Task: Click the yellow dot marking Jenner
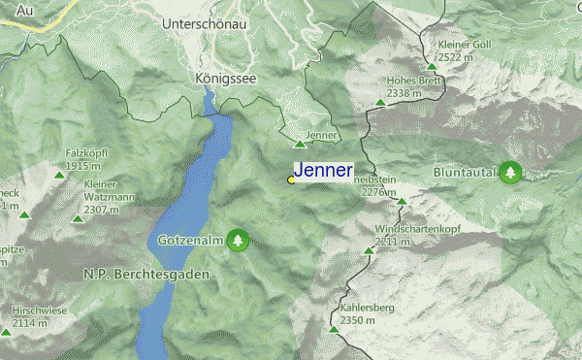coord(291,180)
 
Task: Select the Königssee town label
coord(225,79)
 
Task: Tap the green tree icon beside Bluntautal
coord(510,174)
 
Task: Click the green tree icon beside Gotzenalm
coord(238,240)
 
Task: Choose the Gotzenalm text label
coord(190,240)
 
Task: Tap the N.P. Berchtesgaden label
coord(133,275)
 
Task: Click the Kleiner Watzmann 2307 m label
coord(108,197)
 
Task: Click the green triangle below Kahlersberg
coord(334,330)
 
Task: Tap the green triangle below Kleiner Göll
coord(431,67)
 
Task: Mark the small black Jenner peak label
coord(319,135)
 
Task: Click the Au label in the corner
coord(11,9)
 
